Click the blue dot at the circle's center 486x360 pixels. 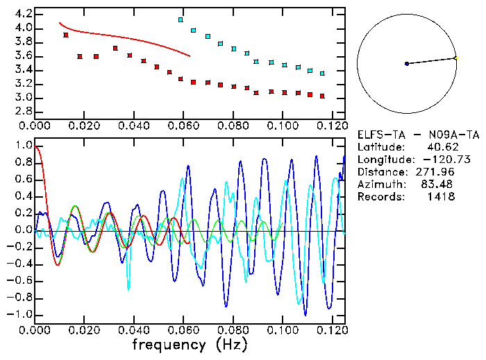click(x=407, y=64)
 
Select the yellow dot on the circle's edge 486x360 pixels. click(x=455, y=58)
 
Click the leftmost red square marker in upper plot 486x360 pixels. click(x=66, y=35)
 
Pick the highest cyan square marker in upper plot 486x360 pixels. click(x=181, y=19)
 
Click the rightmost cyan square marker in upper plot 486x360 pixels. click(x=322, y=73)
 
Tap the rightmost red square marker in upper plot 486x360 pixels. click(x=322, y=96)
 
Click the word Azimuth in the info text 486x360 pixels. click(x=378, y=185)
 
